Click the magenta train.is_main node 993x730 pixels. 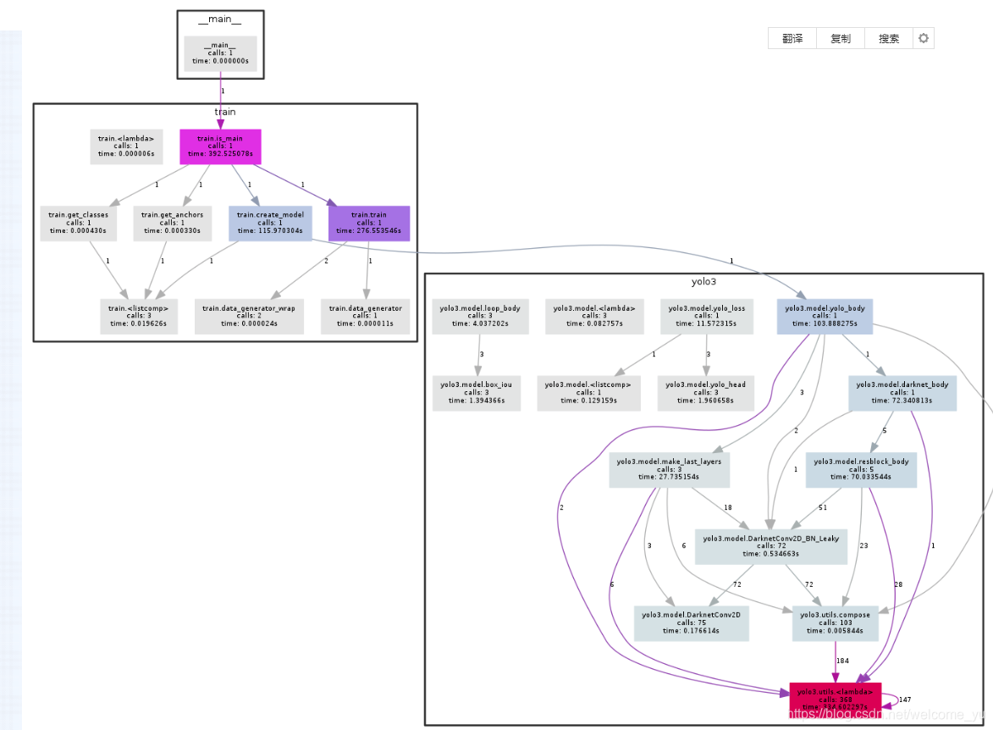(x=220, y=147)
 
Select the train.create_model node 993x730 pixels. (x=270, y=224)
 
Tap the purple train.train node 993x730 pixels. (x=368, y=224)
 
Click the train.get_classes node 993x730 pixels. (x=79, y=224)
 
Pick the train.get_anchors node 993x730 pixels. (x=173, y=224)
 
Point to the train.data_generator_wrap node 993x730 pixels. (x=249, y=316)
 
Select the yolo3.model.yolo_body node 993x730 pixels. (x=825, y=316)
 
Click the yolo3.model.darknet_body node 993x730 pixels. (x=902, y=393)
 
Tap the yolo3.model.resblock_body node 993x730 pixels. (x=861, y=470)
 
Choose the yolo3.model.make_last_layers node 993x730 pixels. (x=670, y=470)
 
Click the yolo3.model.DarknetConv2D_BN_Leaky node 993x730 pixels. (x=770, y=547)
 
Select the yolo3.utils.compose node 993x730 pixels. (x=836, y=623)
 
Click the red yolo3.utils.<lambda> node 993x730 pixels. (x=836, y=698)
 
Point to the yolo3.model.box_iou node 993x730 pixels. (x=477, y=393)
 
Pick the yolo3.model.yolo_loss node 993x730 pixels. (x=706, y=316)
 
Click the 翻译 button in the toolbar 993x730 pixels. (x=792, y=39)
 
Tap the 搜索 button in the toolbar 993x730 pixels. (x=889, y=39)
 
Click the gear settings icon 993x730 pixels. (x=924, y=39)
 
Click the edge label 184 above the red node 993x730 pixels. (x=842, y=661)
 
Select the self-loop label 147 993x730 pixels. (x=904, y=700)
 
